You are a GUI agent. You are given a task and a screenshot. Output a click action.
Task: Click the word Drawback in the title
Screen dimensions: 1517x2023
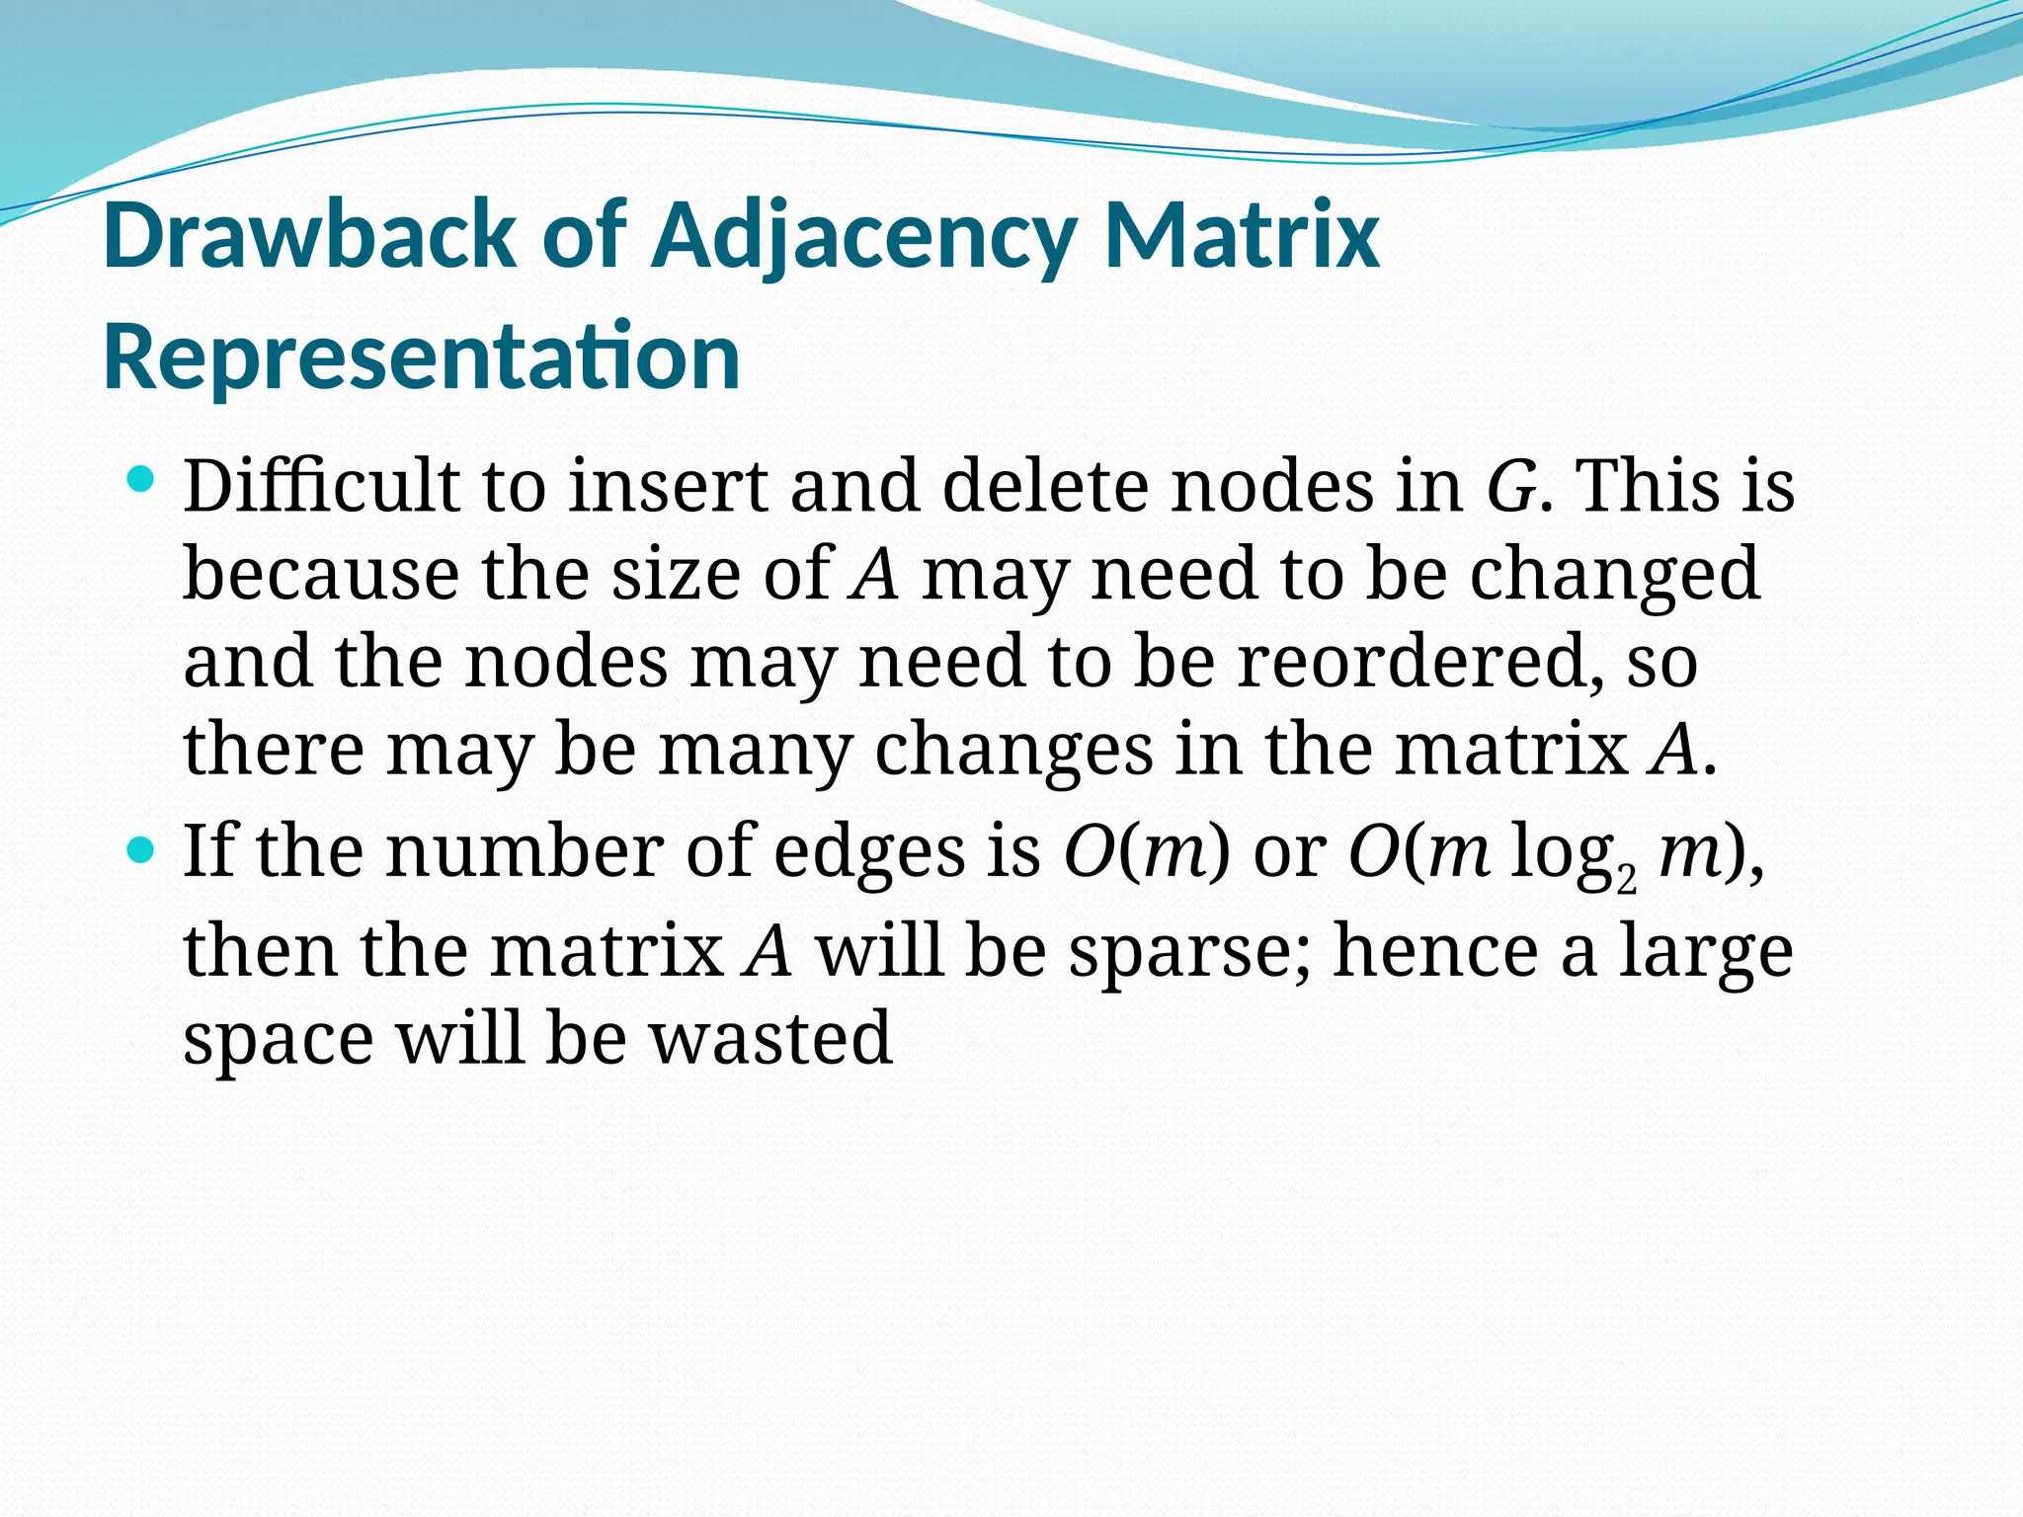coord(309,237)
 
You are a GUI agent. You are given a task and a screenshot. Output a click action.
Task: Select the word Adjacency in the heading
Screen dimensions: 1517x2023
coord(861,237)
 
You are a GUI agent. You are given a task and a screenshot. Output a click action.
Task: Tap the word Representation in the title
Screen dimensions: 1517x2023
coord(422,357)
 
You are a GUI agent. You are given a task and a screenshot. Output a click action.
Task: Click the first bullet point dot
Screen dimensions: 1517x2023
coord(142,481)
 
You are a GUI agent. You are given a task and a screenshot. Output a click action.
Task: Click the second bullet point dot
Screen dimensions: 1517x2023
coord(142,849)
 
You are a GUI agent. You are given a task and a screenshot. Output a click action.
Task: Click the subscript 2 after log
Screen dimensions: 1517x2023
coord(1626,878)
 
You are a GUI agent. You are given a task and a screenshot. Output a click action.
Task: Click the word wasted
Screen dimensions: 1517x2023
coord(770,1038)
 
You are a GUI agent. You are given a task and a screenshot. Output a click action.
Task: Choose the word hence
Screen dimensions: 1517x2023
coord(1435,951)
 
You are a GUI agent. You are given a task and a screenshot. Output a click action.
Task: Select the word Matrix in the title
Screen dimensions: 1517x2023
coord(1241,237)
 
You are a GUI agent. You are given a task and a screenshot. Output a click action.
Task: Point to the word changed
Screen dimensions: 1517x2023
coord(1614,575)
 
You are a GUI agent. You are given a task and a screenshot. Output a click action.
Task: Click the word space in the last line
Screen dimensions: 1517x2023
coord(279,1040)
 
